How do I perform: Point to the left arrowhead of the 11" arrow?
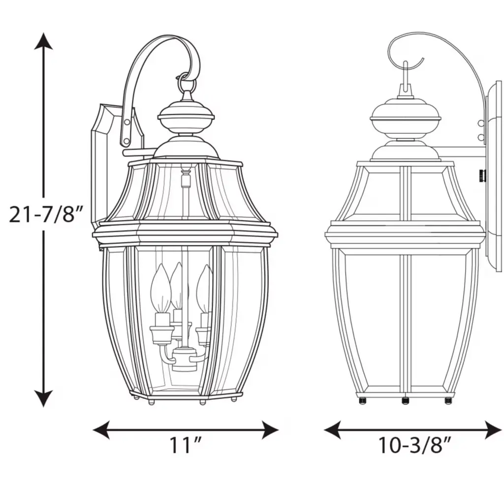coord(101,430)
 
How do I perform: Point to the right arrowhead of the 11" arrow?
coord(270,430)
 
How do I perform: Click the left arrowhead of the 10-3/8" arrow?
coord(332,430)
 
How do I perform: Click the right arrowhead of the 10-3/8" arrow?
coord(493,430)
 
